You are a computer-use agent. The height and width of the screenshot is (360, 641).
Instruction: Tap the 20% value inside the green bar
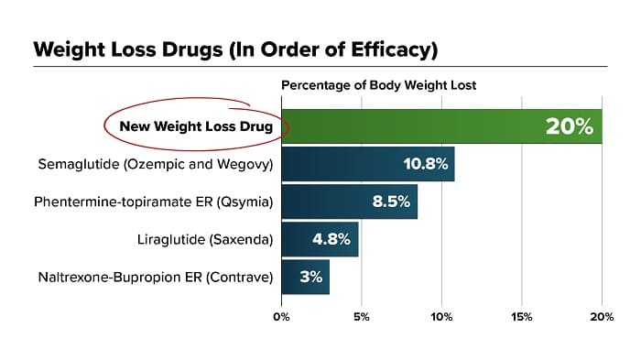570,126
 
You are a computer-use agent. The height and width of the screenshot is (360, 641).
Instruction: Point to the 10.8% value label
424,165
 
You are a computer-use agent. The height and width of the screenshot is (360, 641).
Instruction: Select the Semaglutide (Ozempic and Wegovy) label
156,164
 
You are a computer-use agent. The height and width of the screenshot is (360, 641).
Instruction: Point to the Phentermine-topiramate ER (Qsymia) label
154,202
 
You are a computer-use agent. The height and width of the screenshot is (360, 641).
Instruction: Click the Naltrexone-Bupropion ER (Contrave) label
156,277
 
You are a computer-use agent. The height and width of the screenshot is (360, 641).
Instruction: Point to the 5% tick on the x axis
362,318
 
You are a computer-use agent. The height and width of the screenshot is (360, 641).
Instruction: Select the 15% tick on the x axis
521,318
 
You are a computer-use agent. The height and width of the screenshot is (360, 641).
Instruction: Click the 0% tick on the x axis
281,318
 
